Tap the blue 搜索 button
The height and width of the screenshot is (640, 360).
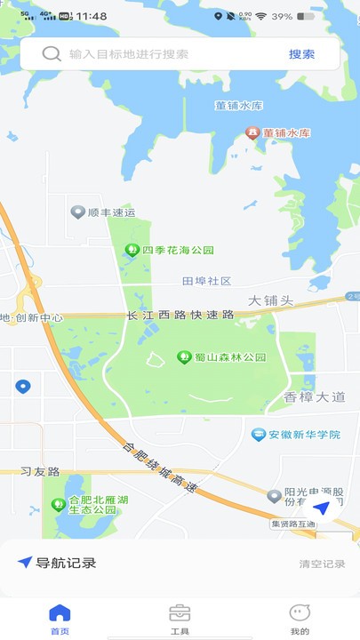click(x=301, y=54)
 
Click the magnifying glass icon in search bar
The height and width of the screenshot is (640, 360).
click(x=52, y=54)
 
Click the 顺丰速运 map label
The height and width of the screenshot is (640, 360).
click(x=104, y=212)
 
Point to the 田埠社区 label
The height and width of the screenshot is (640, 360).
click(x=206, y=281)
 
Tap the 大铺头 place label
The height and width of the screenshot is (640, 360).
click(x=270, y=300)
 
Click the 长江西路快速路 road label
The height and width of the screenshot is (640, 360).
click(x=180, y=316)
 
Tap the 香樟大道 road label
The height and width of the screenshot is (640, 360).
click(x=314, y=396)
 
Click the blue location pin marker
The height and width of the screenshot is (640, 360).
click(x=23, y=387)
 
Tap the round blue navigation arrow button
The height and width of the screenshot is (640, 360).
click(x=322, y=508)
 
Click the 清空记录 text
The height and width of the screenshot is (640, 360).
click(x=322, y=564)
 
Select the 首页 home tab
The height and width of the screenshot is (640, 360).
click(x=60, y=619)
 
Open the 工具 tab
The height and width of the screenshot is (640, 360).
click(x=180, y=619)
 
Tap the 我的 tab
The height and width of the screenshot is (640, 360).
click(x=300, y=619)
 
